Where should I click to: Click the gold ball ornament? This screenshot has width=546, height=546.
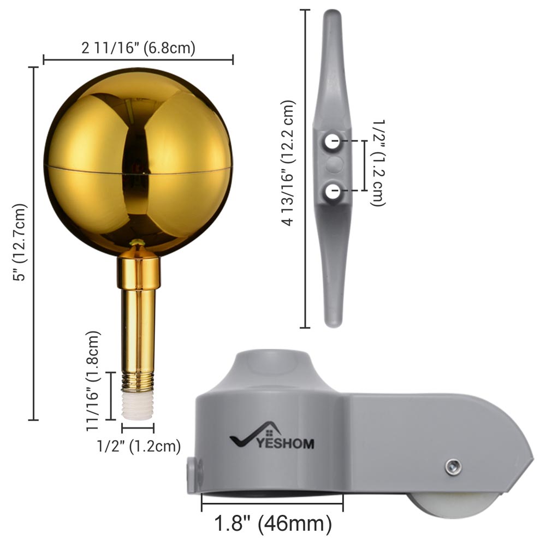click(x=138, y=162)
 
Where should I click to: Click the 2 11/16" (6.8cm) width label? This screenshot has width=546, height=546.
click(x=138, y=48)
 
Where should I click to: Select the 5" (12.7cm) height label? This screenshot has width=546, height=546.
click(x=21, y=242)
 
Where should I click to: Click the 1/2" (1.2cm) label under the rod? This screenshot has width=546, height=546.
click(x=138, y=447)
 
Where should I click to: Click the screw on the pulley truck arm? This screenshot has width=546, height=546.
click(x=453, y=467)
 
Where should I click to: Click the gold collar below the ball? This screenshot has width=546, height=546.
click(x=138, y=273)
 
